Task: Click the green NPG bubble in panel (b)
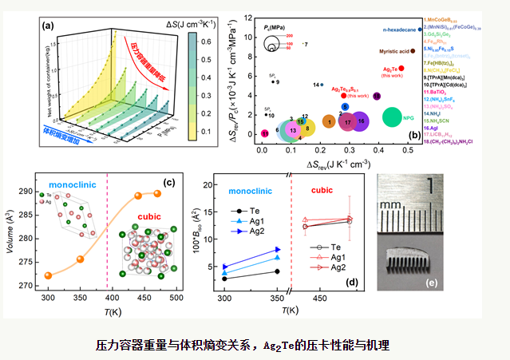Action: pyautogui.click(x=392, y=117)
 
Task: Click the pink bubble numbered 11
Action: pyautogui.click(x=265, y=133)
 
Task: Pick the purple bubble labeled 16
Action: pyautogui.click(x=362, y=121)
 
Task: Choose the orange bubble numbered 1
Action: pyautogui.click(x=329, y=121)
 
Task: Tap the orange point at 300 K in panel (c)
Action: pyautogui.click(x=48, y=275)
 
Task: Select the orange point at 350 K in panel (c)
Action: pyautogui.click(x=80, y=259)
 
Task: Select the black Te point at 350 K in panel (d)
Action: pyautogui.click(x=277, y=271)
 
